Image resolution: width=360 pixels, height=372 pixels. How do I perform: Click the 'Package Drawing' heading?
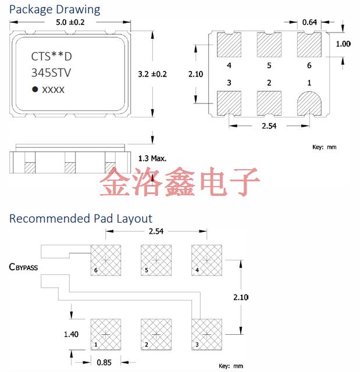click(55, 10)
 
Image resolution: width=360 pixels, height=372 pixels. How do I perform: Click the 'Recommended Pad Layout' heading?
click(80, 219)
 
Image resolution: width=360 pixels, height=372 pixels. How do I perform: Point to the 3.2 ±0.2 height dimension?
click(152, 74)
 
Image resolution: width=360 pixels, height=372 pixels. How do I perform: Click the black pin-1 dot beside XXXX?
click(35, 90)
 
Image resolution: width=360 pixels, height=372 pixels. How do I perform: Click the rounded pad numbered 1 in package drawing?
click(309, 103)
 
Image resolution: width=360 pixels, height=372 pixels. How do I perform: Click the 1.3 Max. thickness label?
click(153, 158)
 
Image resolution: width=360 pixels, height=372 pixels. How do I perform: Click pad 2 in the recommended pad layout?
click(156, 334)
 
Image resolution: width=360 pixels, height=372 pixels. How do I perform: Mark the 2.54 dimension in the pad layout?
click(156, 232)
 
